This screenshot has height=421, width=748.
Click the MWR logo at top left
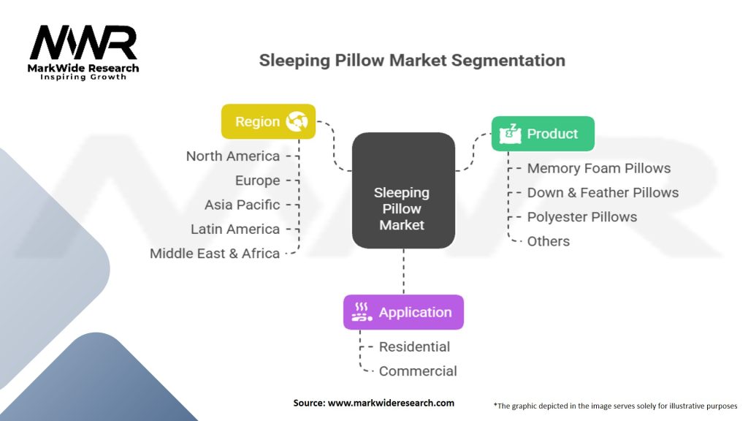point(83,44)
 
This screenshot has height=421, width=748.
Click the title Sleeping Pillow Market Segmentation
point(412,60)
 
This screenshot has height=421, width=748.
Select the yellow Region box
point(268,121)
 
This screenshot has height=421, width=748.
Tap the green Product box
point(542,134)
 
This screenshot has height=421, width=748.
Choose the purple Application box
point(403,312)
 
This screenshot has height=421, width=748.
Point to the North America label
point(232,156)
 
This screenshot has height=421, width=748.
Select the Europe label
point(257,181)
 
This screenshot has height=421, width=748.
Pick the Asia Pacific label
point(242,205)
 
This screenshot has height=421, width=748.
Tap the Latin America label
point(234,229)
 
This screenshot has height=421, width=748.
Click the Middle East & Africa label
point(215,254)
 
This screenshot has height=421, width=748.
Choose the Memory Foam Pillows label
point(598,168)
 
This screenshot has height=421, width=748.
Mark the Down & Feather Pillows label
point(603,192)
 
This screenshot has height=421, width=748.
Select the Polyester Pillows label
point(581,217)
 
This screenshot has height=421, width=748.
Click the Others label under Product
point(548,241)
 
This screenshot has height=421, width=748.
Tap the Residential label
point(414,346)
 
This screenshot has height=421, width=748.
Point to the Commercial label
point(418,371)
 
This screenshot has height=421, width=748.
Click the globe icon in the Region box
point(297,121)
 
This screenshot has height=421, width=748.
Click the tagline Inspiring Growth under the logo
point(83,77)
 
